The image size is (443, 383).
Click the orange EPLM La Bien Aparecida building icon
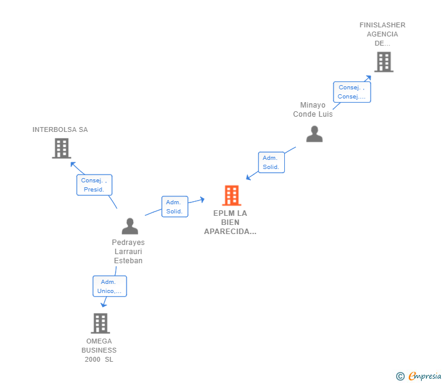[231, 195]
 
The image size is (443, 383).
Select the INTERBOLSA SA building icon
[61, 148]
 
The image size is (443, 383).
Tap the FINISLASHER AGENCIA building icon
[383, 61]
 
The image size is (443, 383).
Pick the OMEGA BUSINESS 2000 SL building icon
[100, 323]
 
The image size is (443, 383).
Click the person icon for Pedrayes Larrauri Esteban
[130, 226]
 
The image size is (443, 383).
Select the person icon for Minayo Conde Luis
[314, 134]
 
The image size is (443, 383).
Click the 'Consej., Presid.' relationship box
[94, 185]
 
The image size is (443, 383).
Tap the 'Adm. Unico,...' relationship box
[110, 286]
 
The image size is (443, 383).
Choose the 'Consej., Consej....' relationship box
[352, 92]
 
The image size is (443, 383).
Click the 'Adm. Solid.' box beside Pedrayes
[175, 207]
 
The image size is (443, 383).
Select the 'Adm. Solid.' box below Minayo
[271, 162]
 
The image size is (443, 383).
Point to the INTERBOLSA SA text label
[60, 129]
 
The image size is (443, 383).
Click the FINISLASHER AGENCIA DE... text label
[382, 34]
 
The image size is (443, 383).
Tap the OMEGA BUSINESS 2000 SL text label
[99, 350]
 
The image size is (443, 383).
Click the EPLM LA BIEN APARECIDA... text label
[230, 223]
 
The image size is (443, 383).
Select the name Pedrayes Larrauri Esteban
[128, 252]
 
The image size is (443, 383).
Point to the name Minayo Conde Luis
[313, 109]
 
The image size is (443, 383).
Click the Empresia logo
[424, 376]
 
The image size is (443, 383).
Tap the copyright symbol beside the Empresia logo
[400, 376]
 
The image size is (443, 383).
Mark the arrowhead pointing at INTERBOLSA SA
[72, 162]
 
